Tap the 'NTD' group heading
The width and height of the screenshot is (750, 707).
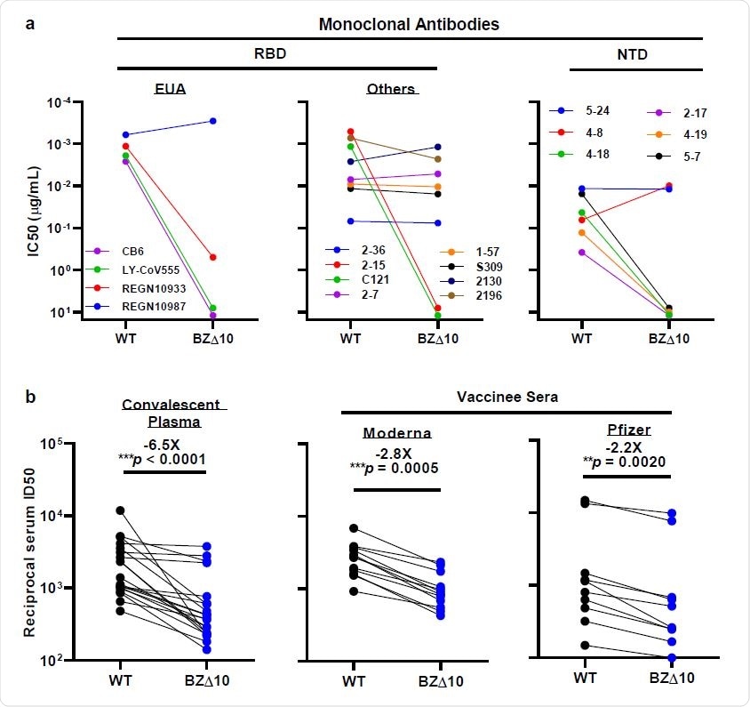635,55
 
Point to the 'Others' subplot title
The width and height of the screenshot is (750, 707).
390,89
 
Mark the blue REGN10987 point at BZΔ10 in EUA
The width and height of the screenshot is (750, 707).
212,121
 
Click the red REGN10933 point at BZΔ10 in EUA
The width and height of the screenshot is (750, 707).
212,257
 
